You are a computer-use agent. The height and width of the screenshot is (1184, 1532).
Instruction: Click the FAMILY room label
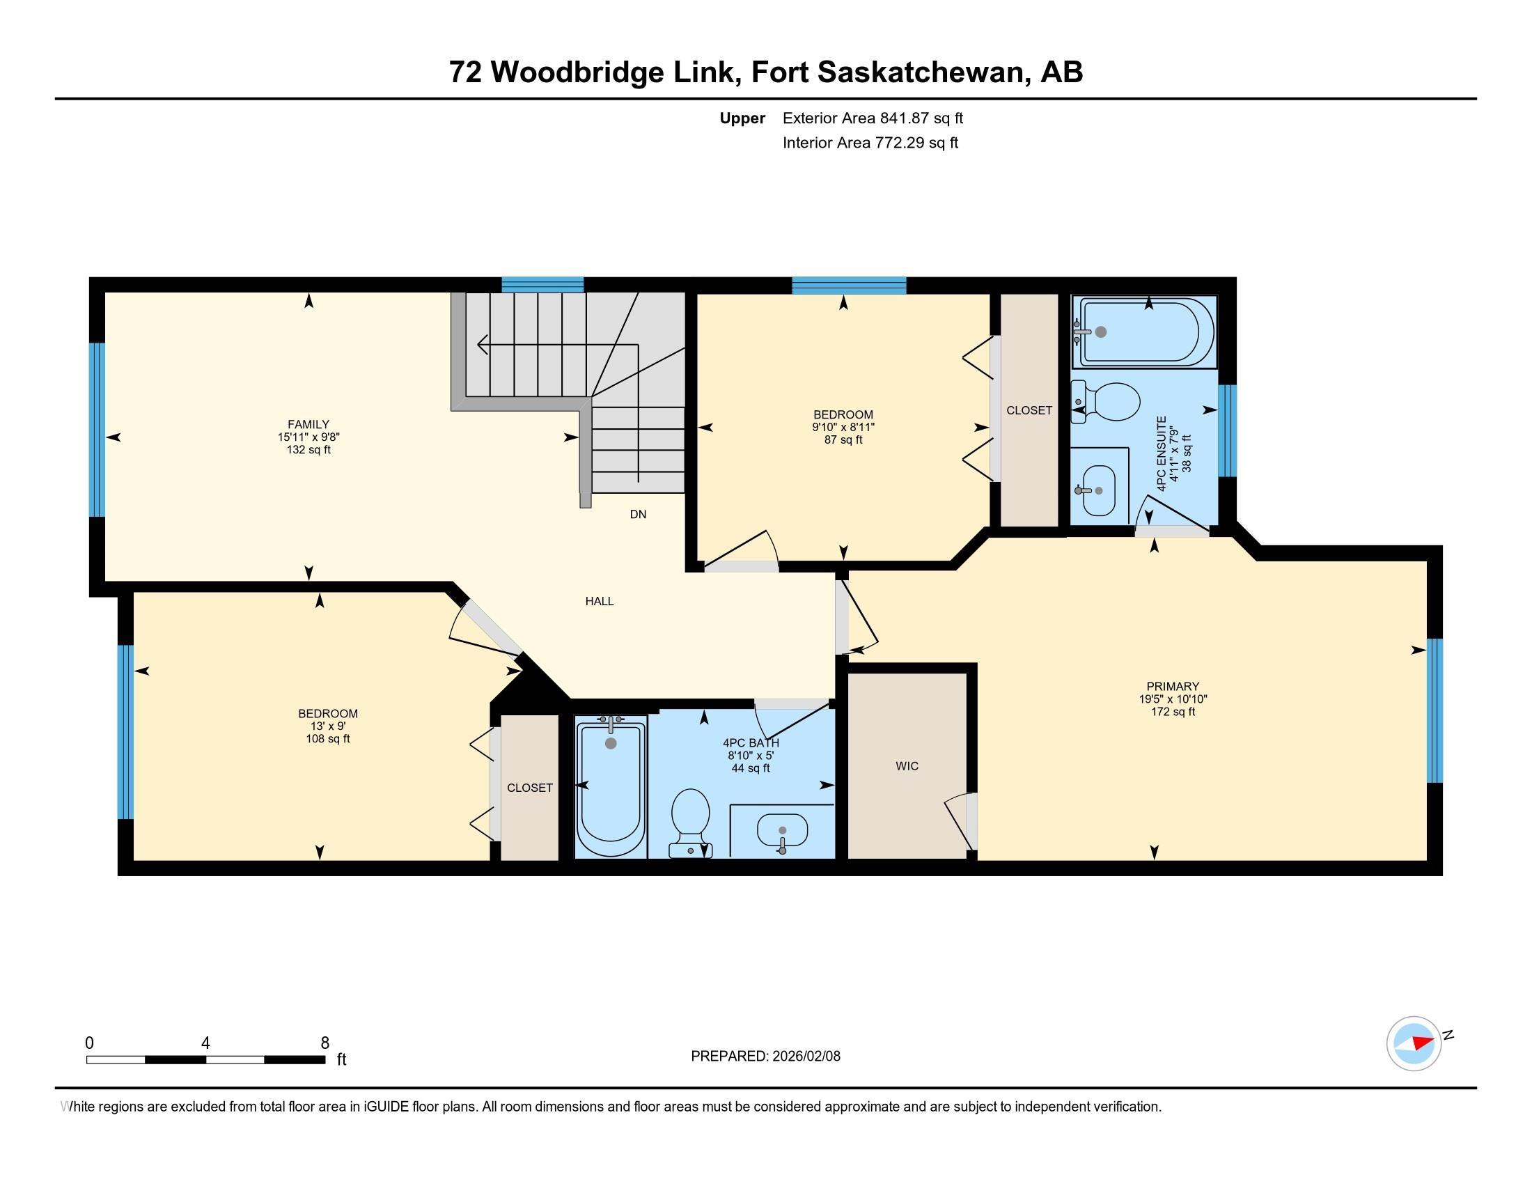click(x=308, y=424)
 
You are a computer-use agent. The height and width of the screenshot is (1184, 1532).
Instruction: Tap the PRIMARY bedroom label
click(x=1173, y=686)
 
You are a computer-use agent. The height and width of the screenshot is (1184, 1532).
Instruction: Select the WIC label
click(x=907, y=766)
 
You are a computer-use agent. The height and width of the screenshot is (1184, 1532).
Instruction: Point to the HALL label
click(x=600, y=601)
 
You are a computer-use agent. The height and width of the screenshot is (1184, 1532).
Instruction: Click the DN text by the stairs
click(x=638, y=514)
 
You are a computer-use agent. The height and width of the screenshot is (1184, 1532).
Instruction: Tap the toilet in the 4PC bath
click(x=691, y=822)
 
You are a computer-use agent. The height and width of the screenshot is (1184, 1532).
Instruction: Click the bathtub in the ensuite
click(x=1148, y=332)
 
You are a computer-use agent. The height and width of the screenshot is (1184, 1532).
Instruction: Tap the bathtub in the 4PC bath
click(x=611, y=787)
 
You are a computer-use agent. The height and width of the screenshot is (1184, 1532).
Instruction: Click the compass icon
click(x=1414, y=1043)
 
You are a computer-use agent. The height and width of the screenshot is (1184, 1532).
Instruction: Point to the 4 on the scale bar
click(x=205, y=1043)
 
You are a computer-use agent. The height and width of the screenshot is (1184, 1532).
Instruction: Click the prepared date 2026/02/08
click(x=805, y=1056)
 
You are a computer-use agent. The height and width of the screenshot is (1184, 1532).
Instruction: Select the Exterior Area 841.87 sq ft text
click(x=873, y=118)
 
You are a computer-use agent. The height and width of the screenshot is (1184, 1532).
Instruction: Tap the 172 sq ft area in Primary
click(x=1173, y=711)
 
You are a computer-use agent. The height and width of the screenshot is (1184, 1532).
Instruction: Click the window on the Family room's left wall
click(x=97, y=430)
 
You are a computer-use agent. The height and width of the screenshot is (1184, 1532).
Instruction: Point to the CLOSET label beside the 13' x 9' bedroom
click(x=530, y=788)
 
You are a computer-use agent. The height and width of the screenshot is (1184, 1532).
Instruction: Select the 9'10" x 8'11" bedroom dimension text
click(x=843, y=427)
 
